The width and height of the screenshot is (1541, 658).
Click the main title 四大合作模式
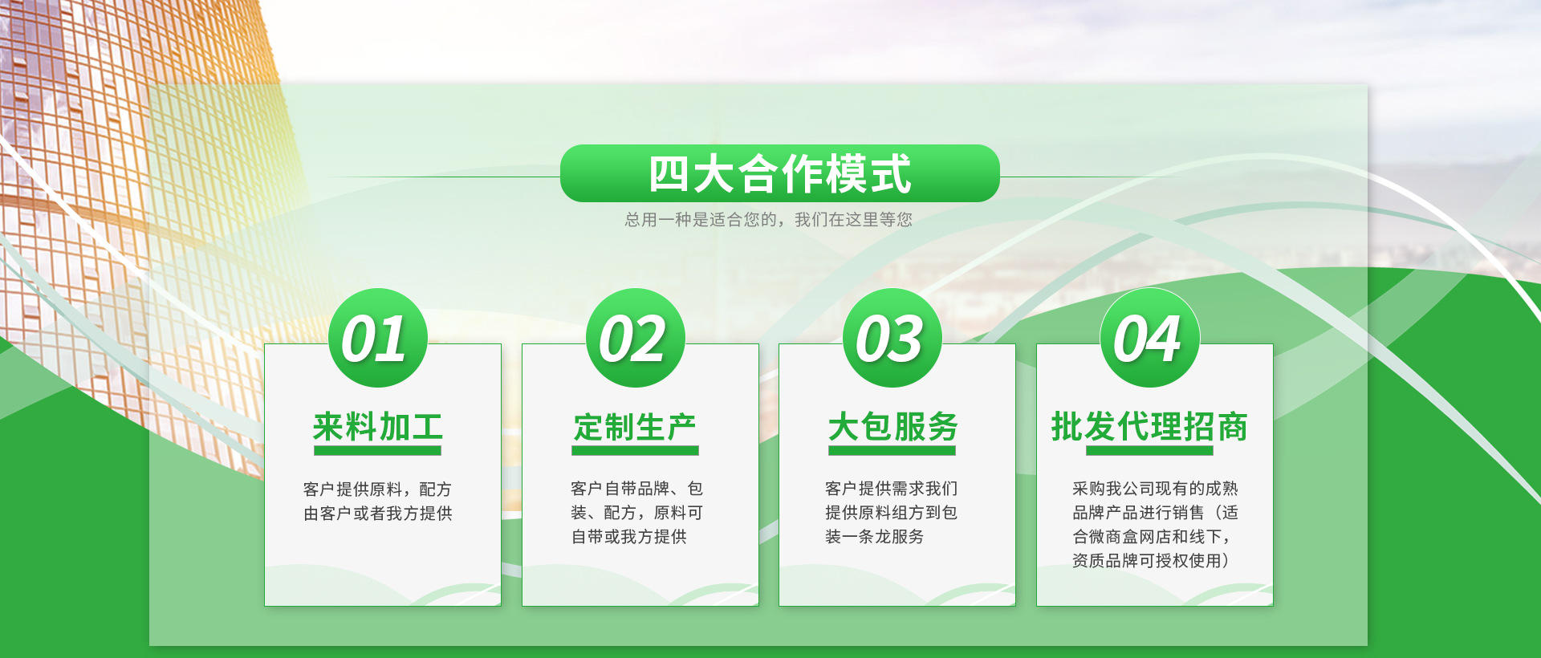[x=780, y=173]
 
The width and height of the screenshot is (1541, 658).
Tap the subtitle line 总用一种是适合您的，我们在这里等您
[x=769, y=219]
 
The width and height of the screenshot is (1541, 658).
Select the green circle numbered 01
[x=378, y=338]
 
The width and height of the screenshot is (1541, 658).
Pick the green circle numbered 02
[x=636, y=338]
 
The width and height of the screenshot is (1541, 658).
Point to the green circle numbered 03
[x=892, y=338]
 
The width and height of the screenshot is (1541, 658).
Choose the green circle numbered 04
[x=1150, y=338]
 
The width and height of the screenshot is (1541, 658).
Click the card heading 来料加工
[x=378, y=426]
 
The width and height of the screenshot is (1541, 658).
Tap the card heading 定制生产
[x=635, y=426]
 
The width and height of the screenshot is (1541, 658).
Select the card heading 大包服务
[x=892, y=426]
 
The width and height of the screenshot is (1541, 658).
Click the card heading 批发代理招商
[x=1149, y=426]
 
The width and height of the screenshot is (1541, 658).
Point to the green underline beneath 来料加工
[x=377, y=451]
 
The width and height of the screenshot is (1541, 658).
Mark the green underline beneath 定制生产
[x=635, y=451]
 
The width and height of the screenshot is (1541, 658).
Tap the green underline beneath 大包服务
[x=892, y=451]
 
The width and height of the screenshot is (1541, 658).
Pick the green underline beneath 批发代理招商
[x=1149, y=451]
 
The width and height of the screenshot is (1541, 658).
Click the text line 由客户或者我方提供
[x=378, y=514]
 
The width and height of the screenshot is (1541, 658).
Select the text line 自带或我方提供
[x=629, y=537]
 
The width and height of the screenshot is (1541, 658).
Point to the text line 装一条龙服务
[x=875, y=537]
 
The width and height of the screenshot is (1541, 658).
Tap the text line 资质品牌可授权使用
[x=1150, y=561]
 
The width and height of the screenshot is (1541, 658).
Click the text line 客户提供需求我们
[x=892, y=489]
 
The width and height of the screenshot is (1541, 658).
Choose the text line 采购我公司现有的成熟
[x=1155, y=489]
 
